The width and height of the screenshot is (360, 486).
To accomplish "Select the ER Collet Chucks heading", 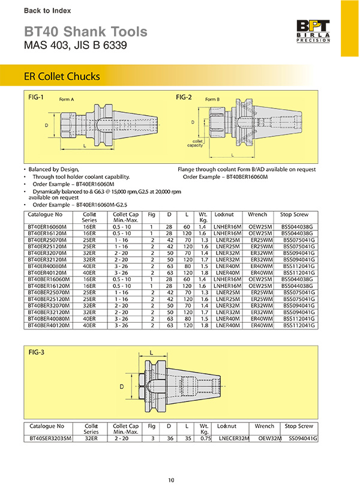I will tap(61, 77).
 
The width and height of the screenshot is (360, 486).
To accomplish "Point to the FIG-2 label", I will tap(184, 97).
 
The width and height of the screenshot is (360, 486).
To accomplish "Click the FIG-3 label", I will tap(37, 352).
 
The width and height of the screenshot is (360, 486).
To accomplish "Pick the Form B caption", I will tap(212, 100).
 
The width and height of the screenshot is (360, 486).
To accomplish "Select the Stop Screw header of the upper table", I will tap(294, 214).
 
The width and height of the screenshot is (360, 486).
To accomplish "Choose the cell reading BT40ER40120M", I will tap(46, 272).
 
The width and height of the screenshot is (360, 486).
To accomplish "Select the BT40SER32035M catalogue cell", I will tap(50, 439).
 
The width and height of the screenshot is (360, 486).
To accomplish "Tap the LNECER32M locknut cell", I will tap(233, 439).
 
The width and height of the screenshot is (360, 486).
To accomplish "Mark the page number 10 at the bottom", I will tap(172, 479).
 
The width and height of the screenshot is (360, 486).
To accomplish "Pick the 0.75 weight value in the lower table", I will tap(206, 439).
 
